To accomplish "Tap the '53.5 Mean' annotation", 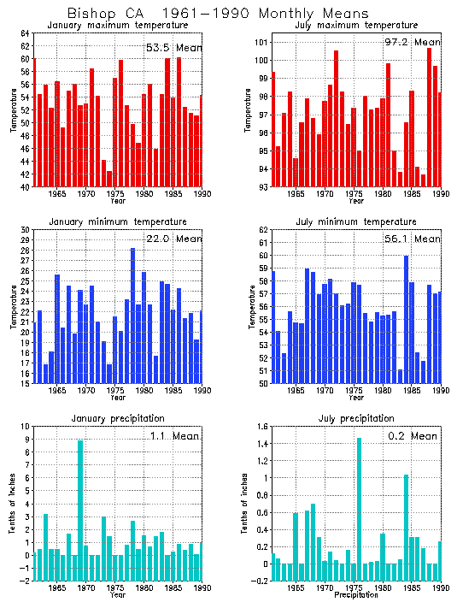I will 173,47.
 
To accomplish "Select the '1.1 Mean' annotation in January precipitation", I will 177,435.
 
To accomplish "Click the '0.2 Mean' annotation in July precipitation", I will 412,435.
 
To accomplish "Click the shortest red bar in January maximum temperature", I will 109,179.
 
